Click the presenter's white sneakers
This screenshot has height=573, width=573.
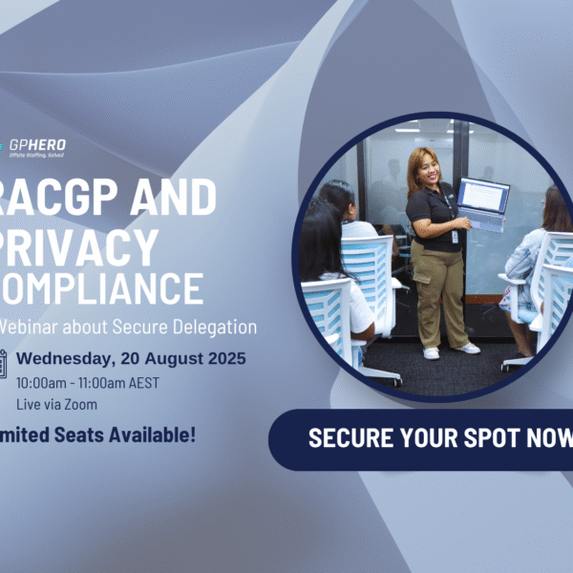coord(449,350)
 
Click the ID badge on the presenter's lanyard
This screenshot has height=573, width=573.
coord(455,236)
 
